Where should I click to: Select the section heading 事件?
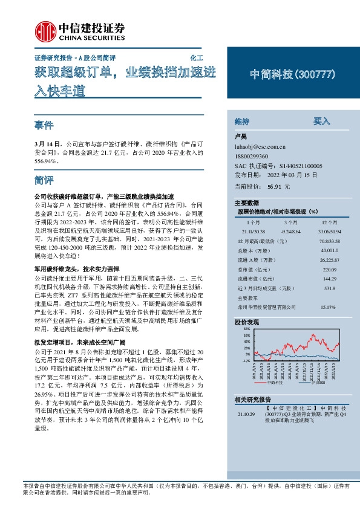coord(44,125)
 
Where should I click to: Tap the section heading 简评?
coord(44,181)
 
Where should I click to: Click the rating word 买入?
coord(321,121)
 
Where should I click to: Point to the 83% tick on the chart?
coord(246,332)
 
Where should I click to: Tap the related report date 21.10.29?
coord(246,415)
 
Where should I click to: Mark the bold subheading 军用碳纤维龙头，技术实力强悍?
coord(77,268)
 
